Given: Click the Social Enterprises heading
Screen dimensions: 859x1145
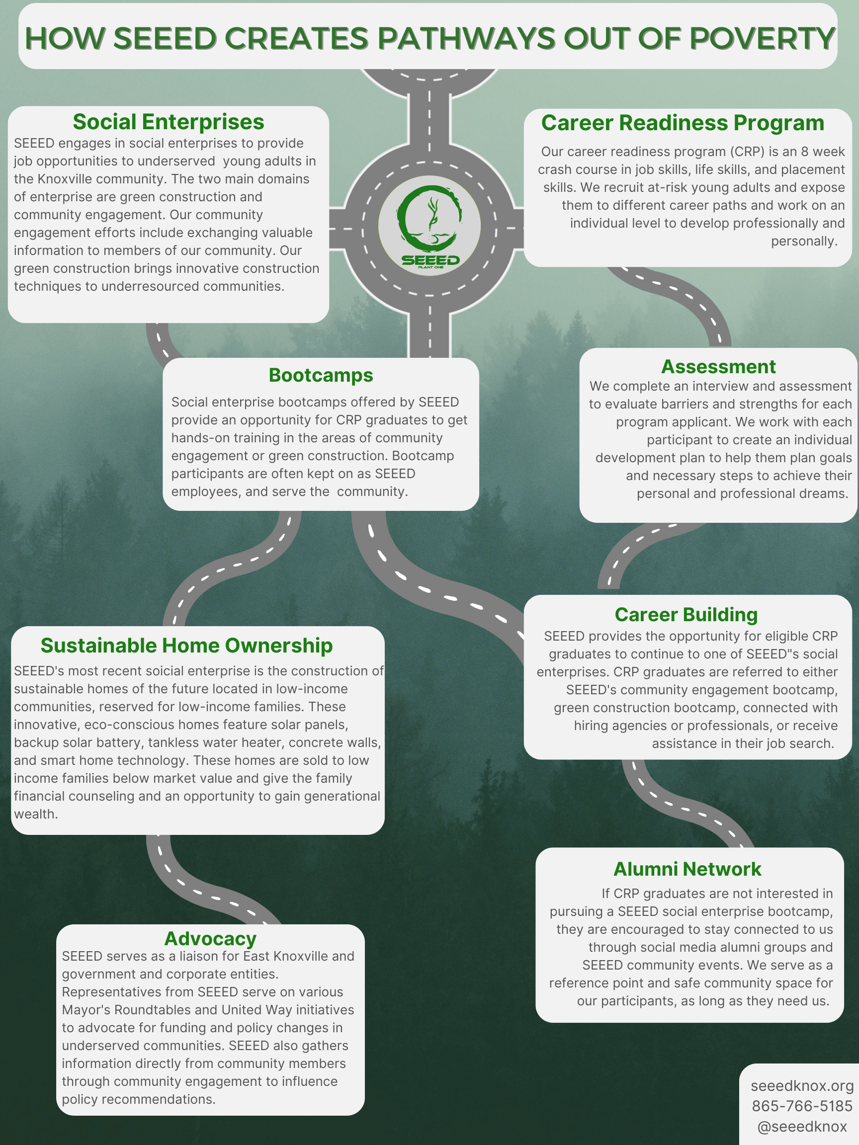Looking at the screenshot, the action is click(x=169, y=122).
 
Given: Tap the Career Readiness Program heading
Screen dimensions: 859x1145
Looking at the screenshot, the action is click(x=683, y=123).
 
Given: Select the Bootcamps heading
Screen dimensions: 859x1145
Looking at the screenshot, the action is click(x=321, y=375).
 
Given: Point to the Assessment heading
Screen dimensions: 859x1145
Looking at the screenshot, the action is click(x=718, y=367).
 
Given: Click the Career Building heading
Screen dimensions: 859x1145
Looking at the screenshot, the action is click(x=686, y=615).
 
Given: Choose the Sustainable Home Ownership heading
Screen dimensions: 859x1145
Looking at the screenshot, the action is click(x=186, y=646).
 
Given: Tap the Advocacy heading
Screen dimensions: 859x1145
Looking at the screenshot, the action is click(x=210, y=939).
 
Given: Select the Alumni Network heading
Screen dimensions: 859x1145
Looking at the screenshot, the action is click(x=687, y=869).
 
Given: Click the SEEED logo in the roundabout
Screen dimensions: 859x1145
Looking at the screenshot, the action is click(x=429, y=225).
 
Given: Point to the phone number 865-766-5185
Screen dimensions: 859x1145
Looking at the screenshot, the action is click(x=802, y=1106).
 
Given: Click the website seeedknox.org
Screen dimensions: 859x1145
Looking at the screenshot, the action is click(x=802, y=1085).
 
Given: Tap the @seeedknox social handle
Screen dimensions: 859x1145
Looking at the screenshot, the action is click(x=802, y=1127).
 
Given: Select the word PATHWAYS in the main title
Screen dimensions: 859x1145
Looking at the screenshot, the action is click(x=465, y=38).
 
